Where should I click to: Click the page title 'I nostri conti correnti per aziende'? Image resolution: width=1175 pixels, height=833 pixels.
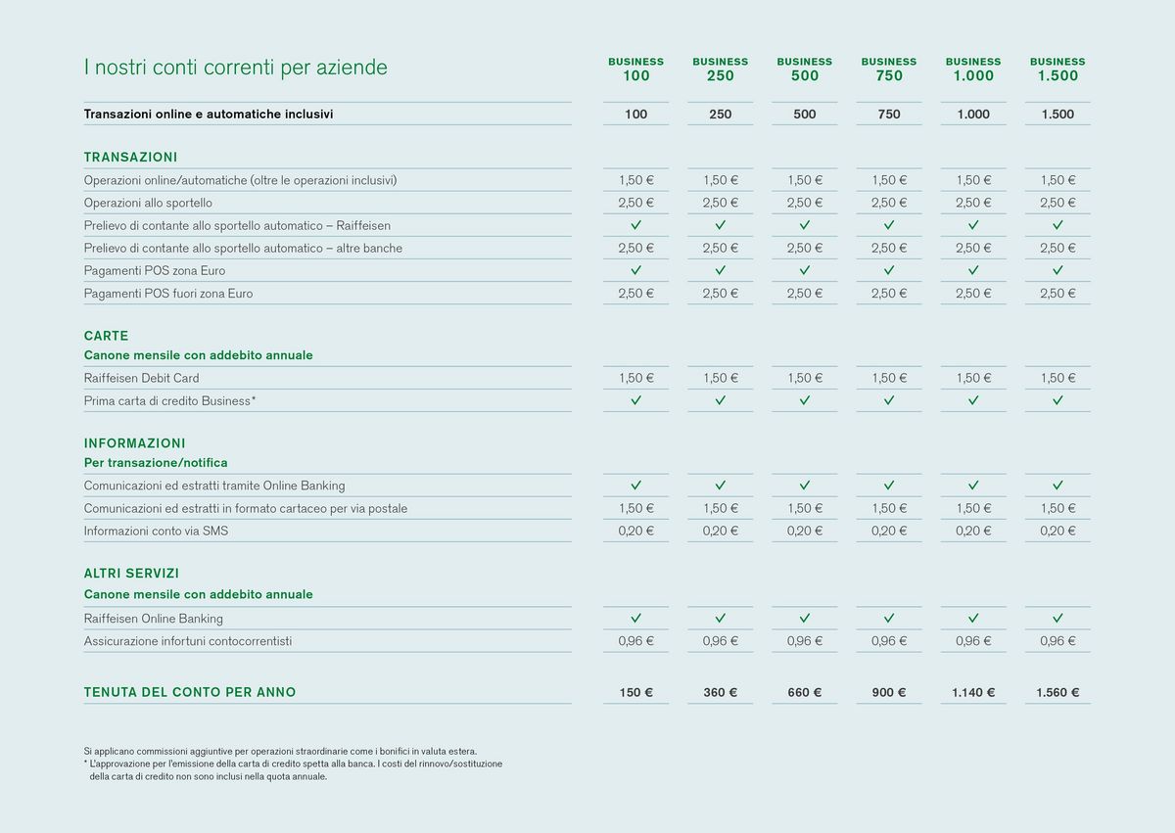click(x=235, y=68)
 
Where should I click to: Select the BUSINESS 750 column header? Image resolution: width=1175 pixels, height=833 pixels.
click(x=889, y=69)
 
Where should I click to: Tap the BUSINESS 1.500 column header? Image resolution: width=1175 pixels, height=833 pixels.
click(x=1057, y=69)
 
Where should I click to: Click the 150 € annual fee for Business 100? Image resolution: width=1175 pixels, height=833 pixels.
click(x=635, y=692)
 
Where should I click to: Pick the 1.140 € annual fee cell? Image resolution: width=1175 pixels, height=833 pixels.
click(x=973, y=692)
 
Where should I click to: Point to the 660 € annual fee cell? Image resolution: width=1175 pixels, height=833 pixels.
click(x=804, y=692)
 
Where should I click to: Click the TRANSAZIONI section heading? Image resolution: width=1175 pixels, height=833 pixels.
click(x=130, y=157)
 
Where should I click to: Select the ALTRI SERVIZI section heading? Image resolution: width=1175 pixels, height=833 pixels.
click(x=131, y=574)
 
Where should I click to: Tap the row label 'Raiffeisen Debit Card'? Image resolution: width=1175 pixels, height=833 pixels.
click(x=141, y=378)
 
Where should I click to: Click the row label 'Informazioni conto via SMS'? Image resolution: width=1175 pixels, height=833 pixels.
click(x=156, y=531)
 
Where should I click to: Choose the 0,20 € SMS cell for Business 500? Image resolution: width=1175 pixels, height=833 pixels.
click(x=804, y=531)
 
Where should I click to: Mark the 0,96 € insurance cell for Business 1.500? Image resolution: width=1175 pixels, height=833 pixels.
click(x=1057, y=641)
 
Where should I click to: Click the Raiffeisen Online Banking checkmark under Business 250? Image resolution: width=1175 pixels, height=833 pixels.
click(x=720, y=619)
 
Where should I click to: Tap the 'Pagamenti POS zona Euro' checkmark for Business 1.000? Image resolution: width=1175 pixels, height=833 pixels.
click(x=973, y=270)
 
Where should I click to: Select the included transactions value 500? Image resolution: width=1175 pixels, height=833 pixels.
click(x=804, y=115)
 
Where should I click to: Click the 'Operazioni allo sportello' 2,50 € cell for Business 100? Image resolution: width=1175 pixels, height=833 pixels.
click(x=635, y=203)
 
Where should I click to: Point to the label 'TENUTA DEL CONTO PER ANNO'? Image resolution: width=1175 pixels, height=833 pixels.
click(x=190, y=692)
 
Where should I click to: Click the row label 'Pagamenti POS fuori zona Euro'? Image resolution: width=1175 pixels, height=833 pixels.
click(x=168, y=293)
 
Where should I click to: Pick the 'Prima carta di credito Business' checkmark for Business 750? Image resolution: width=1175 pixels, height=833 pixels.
click(x=889, y=400)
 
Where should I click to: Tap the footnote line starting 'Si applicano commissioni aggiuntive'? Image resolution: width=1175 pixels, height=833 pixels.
click(x=287, y=750)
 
